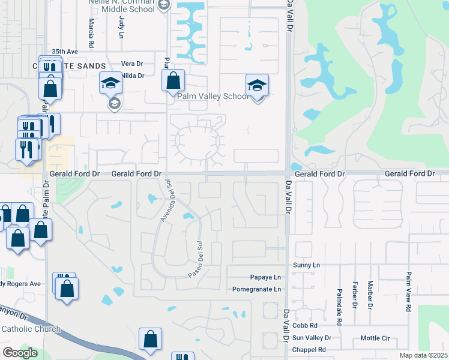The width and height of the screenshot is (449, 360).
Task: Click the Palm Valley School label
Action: [x=212, y=96]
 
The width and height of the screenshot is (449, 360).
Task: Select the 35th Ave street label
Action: [x=65, y=52]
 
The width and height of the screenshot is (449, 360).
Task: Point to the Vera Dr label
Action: [x=131, y=64]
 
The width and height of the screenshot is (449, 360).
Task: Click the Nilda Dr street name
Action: [x=133, y=76]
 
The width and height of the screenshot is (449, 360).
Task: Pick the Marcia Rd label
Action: [x=91, y=33]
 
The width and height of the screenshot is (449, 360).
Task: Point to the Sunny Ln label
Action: [x=307, y=265]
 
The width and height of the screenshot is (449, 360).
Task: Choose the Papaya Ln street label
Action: [x=265, y=277]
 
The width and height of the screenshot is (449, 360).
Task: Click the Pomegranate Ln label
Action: [x=256, y=289]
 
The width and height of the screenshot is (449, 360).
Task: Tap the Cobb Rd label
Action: [x=305, y=325]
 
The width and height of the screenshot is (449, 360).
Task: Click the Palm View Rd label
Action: [x=408, y=291]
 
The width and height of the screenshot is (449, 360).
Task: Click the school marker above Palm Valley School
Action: [x=257, y=86]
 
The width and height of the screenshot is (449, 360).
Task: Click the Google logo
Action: [x=20, y=353]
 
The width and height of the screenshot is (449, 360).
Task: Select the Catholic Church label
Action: [x=31, y=329]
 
